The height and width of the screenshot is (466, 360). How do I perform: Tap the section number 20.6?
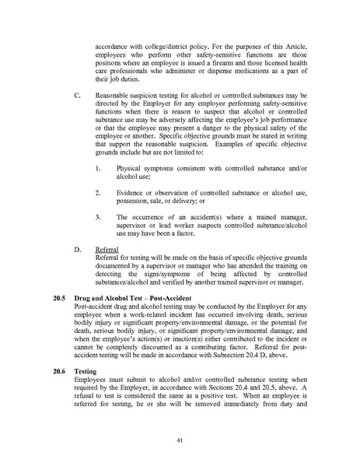click(x=58, y=372)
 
